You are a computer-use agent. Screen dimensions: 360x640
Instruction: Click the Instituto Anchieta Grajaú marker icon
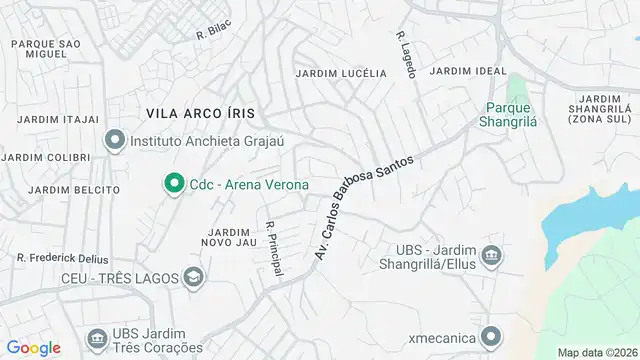point(115,141)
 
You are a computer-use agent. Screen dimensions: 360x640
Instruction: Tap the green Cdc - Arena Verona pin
point(173,184)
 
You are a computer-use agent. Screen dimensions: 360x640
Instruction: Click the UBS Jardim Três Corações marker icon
point(97,338)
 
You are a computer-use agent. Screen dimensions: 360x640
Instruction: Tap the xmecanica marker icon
point(491,336)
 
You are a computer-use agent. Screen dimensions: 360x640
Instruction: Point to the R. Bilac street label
point(214,34)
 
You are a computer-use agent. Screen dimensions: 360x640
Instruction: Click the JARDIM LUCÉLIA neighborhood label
point(341,73)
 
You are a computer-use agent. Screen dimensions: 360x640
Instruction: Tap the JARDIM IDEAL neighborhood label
point(462,71)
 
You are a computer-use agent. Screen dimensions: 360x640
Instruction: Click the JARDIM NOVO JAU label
point(229,238)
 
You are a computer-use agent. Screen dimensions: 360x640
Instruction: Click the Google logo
point(32,347)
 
